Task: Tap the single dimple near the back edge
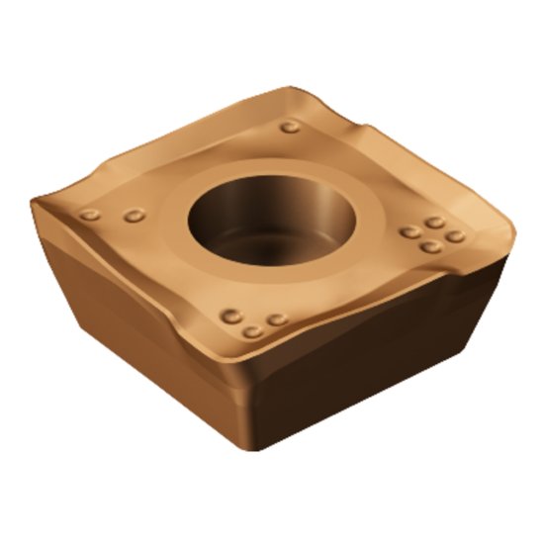289,127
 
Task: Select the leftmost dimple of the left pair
91,216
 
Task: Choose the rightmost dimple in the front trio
278,319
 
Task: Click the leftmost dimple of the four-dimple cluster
409,232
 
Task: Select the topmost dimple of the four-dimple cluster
433,223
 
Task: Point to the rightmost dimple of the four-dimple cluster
454,236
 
